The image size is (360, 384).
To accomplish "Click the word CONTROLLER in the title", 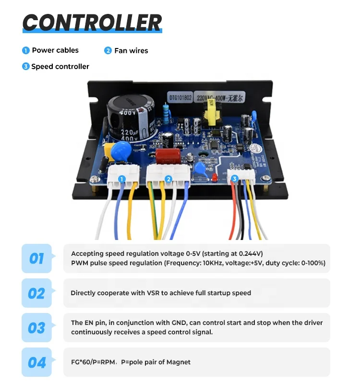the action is click(x=92, y=22).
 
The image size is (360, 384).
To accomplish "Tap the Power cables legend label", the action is click(x=55, y=50).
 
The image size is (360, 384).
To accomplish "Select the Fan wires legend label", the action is click(x=131, y=50).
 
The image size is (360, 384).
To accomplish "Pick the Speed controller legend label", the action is click(x=60, y=67).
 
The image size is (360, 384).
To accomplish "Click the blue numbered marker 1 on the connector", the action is click(x=122, y=179).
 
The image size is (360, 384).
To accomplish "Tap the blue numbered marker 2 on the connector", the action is click(x=168, y=179).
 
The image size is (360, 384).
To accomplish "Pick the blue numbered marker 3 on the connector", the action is click(x=234, y=179).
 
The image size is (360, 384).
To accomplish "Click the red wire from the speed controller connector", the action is click(x=233, y=211).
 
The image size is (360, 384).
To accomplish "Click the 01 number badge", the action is click(x=36, y=259).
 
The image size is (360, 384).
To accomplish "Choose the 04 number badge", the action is click(x=36, y=362).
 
